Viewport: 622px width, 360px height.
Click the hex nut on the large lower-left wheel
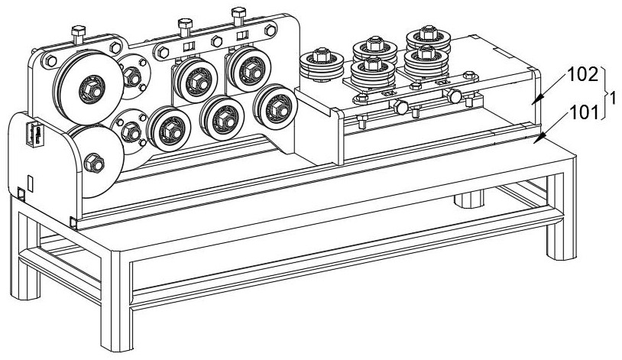tap(95, 161)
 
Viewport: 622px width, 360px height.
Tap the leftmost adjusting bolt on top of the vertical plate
tap(78, 34)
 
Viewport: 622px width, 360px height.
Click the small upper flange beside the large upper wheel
tap(134, 76)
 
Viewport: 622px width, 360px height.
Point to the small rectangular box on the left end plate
tap(33, 134)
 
